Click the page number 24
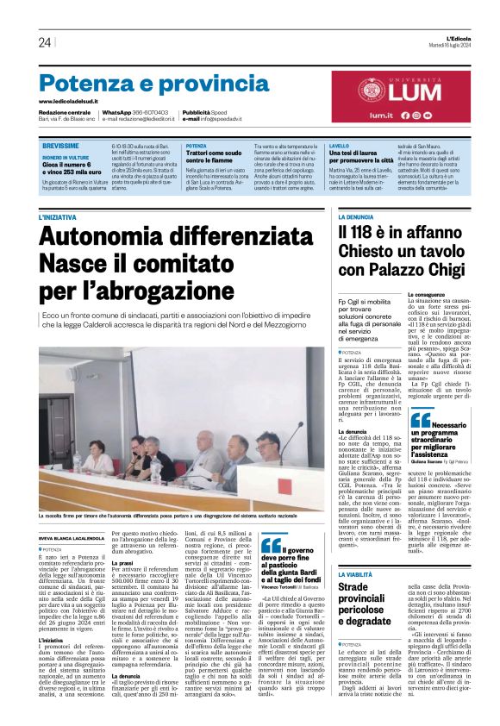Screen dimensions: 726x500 pyautogui.click(x=44, y=42)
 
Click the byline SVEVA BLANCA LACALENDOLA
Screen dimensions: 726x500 pyautogui.click(x=78, y=512)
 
